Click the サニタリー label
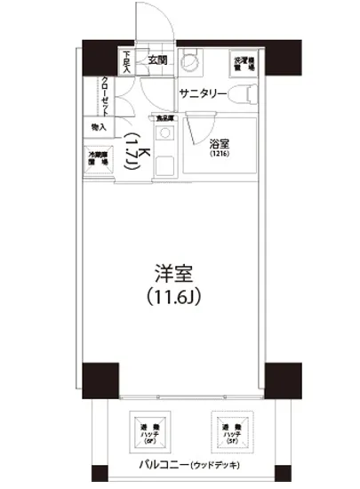[203, 92]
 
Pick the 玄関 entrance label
[157, 60]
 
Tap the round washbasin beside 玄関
[188, 63]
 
